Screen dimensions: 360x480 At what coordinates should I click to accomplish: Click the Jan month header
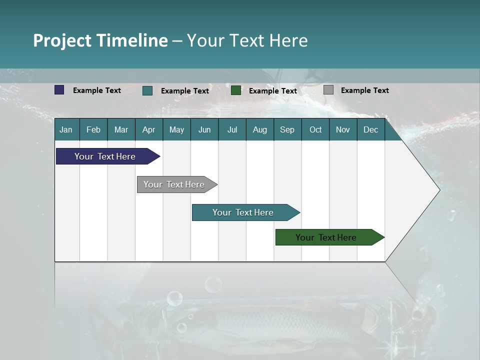pyautogui.click(x=66, y=130)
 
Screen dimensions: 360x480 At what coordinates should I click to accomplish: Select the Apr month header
pyautogui.click(x=148, y=130)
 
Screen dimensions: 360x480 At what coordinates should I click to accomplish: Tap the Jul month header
pyautogui.click(x=232, y=130)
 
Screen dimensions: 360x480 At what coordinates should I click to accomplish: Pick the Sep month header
pyautogui.click(x=287, y=130)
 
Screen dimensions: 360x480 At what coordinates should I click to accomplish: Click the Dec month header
pyautogui.click(x=370, y=130)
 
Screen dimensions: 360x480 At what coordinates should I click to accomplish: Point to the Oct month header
pyautogui.click(x=315, y=130)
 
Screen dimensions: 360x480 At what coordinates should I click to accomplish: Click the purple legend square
pyautogui.click(x=59, y=90)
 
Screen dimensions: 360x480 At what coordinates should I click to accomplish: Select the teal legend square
pyautogui.click(x=147, y=90)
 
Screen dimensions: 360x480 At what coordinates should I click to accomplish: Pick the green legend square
pyautogui.click(x=236, y=90)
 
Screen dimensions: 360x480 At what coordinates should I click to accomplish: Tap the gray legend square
pyautogui.click(x=328, y=90)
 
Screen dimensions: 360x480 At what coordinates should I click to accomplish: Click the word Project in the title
pyautogui.click(x=62, y=40)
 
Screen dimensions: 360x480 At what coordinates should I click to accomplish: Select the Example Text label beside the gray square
pyautogui.click(x=364, y=90)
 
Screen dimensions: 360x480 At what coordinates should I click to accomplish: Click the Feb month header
pyautogui.click(x=93, y=130)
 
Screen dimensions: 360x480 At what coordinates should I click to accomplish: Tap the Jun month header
pyautogui.click(x=204, y=130)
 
